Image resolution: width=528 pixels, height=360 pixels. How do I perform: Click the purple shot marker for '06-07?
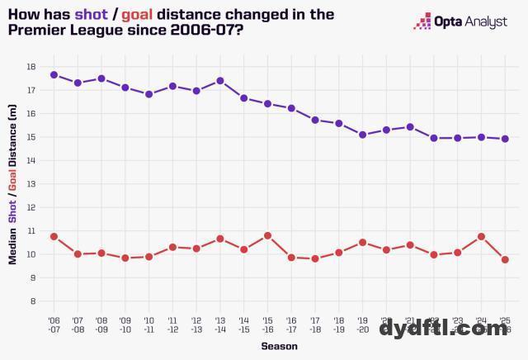click(x=54, y=74)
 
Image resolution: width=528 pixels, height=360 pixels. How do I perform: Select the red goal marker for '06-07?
click(x=54, y=236)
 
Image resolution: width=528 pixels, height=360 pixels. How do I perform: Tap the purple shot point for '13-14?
click(x=220, y=81)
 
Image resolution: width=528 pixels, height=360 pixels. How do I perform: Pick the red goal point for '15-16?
click(x=268, y=235)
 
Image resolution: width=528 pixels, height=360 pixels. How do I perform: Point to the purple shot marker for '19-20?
click(x=363, y=135)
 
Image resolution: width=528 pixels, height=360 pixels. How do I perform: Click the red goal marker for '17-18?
click(x=315, y=258)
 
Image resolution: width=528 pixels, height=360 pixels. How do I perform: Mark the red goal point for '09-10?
click(x=125, y=258)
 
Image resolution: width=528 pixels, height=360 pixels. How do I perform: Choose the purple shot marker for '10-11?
click(x=149, y=94)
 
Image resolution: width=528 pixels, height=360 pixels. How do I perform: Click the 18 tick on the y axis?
click(x=31, y=67)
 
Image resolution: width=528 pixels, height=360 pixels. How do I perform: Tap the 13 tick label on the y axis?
click(x=31, y=184)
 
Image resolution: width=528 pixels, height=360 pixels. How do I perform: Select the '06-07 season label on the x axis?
click(x=54, y=324)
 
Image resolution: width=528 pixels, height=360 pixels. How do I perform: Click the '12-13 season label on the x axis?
click(x=196, y=324)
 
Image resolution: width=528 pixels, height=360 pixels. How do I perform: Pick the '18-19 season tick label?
click(x=339, y=324)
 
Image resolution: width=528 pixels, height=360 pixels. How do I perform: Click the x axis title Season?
click(x=279, y=347)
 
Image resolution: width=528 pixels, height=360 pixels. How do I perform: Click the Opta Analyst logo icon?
click(x=422, y=21)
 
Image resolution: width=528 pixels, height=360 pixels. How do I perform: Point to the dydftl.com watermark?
click(x=443, y=329)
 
